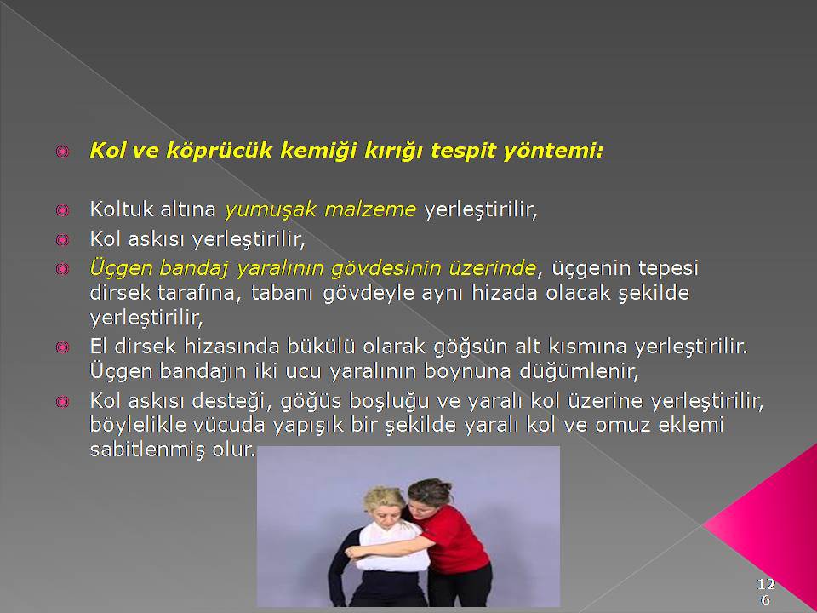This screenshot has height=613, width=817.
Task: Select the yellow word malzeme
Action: pyautogui.click(x=370, y=209)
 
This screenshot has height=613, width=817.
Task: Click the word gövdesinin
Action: pyautogui.click(x=385, y=268)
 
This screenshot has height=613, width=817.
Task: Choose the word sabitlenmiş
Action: pyautogui.click(x=147, y=450)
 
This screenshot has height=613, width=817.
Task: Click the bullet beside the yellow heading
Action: pyautogui.click(x=62, y=152)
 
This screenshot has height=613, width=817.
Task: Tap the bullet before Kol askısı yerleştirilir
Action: pyautogui.click(x=62, y=240)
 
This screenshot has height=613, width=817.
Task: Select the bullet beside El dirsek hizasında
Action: pyautogui.click(x=62, y=347)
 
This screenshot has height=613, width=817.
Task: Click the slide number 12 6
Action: pyautogui.click(x=766, y=591)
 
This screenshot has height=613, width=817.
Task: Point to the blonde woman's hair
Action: pyautogui.click(x=386, y=500)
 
